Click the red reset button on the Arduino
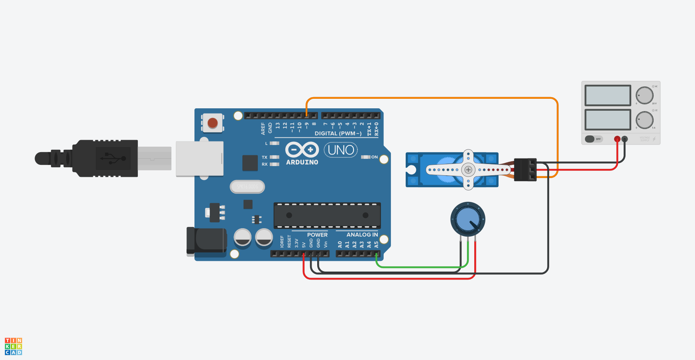213,123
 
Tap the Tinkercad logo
13,346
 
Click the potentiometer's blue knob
468,219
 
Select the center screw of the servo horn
468,170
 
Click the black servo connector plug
525,170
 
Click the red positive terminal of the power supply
617,139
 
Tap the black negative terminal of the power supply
624,139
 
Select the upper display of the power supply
608,95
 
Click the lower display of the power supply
608,119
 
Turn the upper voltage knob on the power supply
644,95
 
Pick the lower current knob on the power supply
644,120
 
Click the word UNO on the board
341,150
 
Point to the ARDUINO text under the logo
302,162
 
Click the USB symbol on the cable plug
113,158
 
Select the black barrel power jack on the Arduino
206,240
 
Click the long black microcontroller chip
327,215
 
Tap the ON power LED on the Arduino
365,157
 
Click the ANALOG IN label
362,235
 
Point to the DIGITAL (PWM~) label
338,133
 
